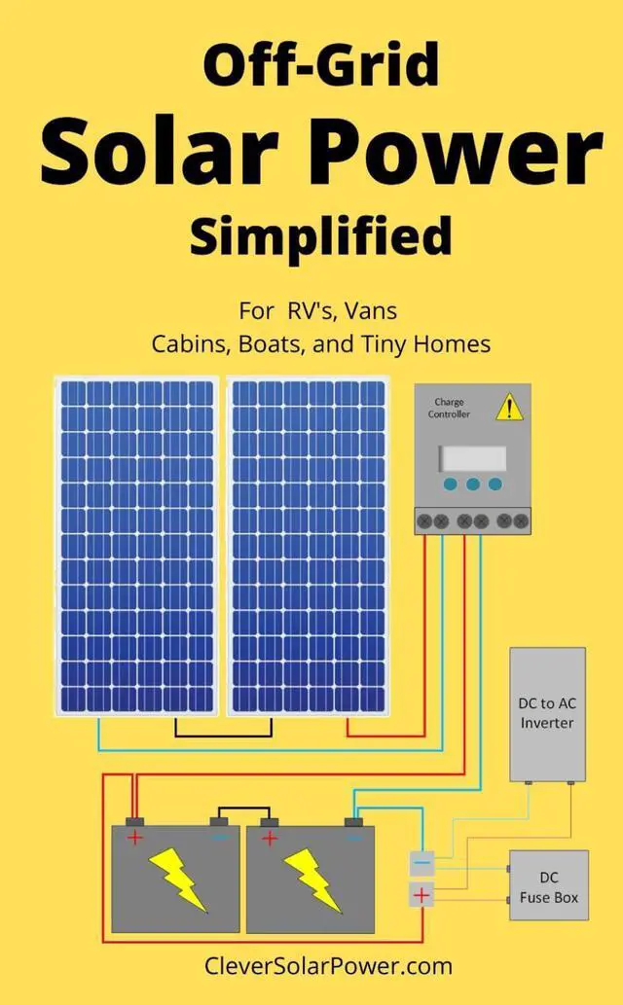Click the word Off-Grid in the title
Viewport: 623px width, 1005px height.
click(x=320, y=67)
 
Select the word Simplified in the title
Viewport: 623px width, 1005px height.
click(x=320, y=236)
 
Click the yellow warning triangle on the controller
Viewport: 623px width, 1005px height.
click(x=509, y=409)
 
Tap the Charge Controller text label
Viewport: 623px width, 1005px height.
click(x=449, y=408)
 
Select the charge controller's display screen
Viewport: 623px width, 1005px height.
click(x=472, y=458)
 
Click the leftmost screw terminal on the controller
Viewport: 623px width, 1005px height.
click(x=424, y=520)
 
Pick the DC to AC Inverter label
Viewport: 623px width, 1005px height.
click(x=547, y=712)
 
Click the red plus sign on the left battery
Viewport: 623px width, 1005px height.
click(x=135, y=838)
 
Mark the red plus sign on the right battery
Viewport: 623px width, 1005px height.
click(x=270, y=838)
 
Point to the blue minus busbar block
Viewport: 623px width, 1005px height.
click(x=421, y=862)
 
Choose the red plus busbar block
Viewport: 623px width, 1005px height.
click(x=421, y=894)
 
